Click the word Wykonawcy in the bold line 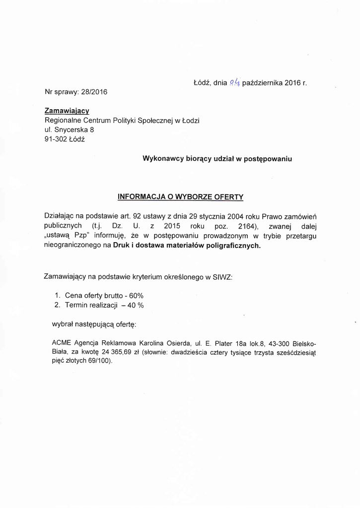pyautogui.click(x=164, y=159)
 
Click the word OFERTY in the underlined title pyautogui.click(x=228, y=197)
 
